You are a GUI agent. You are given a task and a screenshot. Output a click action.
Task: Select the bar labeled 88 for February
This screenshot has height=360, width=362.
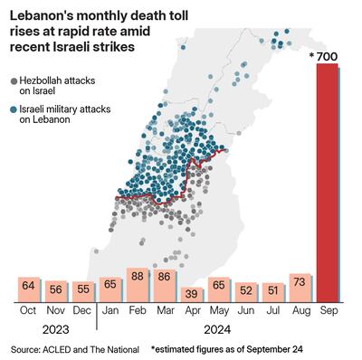coord(138,284)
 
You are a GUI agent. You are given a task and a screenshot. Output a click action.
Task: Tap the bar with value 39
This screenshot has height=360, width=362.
coord(190,293)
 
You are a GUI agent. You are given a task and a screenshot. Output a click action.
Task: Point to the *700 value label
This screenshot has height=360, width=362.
coord(324,58)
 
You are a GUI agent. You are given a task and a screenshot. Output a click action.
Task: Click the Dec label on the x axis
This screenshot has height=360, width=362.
coord(82,310)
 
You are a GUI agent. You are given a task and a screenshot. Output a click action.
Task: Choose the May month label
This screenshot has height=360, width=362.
coord(218,310)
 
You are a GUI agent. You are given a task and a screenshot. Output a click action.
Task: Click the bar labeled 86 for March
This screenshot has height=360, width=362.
coord(164,284)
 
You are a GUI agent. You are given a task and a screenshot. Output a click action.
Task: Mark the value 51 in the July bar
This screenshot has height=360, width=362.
coord(271,290)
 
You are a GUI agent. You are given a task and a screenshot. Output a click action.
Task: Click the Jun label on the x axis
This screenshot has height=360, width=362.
coord(244,310)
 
